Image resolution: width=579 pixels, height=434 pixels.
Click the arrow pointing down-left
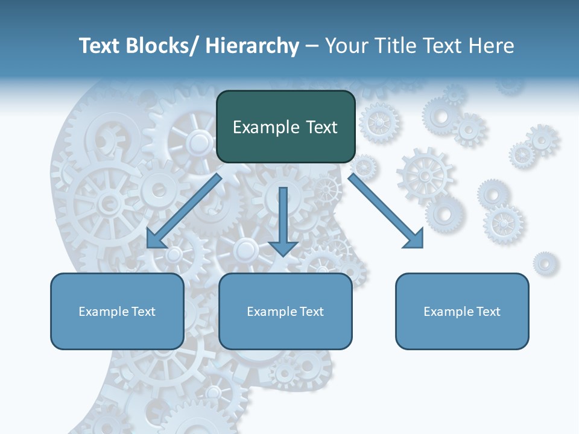[184, 211]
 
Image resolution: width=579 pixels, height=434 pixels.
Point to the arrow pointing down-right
[386, 211]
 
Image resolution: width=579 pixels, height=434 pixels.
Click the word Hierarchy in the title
[252, 46]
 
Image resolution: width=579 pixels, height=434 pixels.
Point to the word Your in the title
[345, 46]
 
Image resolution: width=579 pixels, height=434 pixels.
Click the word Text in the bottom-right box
[488, 312]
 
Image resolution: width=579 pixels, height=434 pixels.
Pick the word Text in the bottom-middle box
[311, 312]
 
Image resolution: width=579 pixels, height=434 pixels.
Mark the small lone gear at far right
[545, 263]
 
